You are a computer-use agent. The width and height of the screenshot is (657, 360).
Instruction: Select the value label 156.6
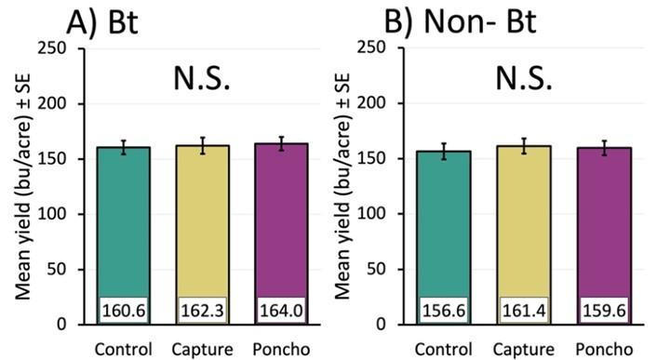tap(449, 308)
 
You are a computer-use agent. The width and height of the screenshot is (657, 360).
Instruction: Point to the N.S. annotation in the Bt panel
tap(200, 82)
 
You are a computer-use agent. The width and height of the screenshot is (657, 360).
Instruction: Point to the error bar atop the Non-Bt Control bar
tap(449, 152)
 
